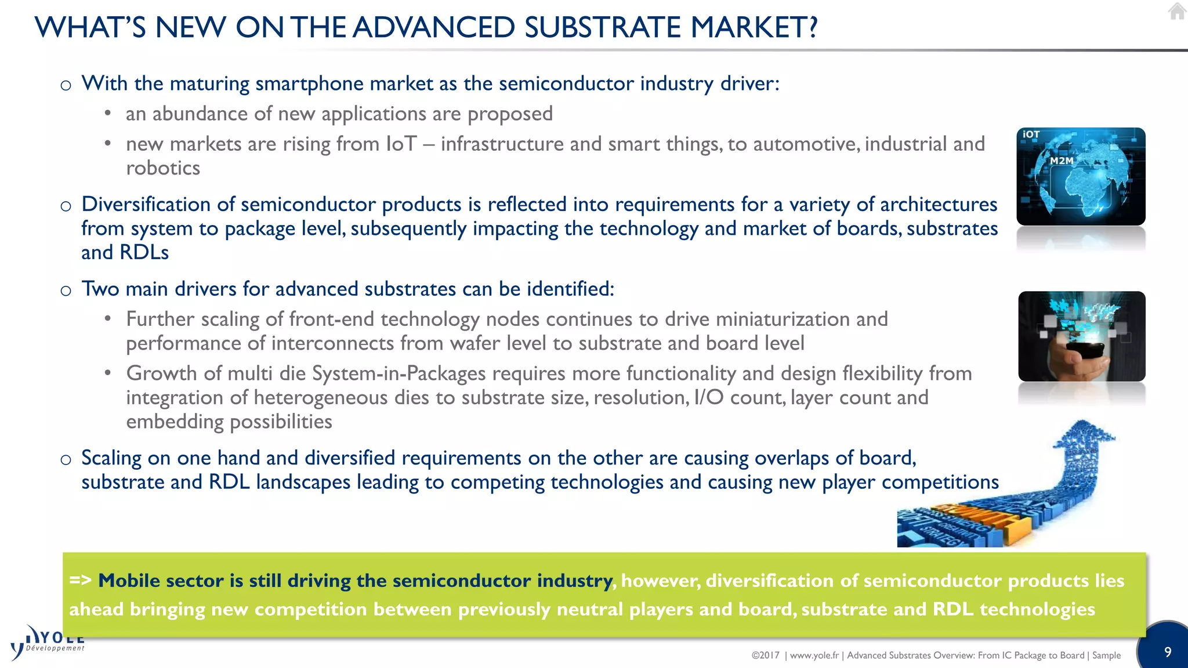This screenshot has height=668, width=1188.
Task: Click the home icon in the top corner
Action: click(1177, 11)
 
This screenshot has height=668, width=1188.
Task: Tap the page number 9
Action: click(1168, 652)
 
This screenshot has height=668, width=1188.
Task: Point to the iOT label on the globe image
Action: click(1031, 135)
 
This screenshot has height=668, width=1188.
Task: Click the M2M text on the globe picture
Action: click(1062, 161)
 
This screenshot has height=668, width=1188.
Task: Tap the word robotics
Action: click(163, 168)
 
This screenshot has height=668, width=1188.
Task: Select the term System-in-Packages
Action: click(399, 373)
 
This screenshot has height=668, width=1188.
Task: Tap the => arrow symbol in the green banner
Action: click(80, 580)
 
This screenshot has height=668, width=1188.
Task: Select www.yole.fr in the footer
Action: click(814, 655)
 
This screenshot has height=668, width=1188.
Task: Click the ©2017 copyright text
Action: click(765, 655)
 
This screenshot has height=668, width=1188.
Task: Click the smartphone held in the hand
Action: click(1083, 351)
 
